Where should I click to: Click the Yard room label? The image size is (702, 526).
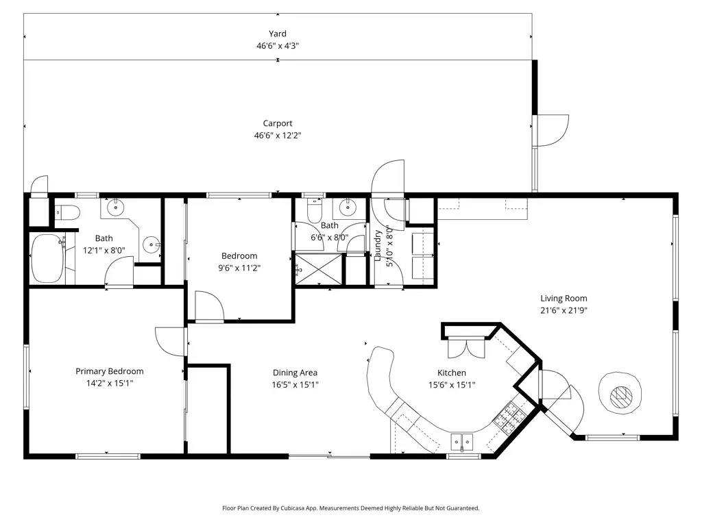pos(278,34)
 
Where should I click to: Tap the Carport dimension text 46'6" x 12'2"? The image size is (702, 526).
pos(278,135)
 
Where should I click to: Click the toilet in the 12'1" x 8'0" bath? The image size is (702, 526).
pos(67,212)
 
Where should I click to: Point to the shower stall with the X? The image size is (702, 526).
pos(318,268)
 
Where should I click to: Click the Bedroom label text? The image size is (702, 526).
pos(239,256)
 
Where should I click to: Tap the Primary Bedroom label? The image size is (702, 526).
pos(110,371)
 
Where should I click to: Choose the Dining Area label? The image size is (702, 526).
pos(295,373)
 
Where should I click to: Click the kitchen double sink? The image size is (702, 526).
pos(461,442)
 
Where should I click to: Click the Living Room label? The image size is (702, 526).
pos(564,299)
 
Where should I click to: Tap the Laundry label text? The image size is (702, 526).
pos(378,245)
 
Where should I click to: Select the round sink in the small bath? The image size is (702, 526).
pos(348,208)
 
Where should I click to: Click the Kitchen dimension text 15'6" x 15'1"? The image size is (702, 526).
pos(452,385)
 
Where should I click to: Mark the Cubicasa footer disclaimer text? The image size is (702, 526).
pos(351,508)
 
